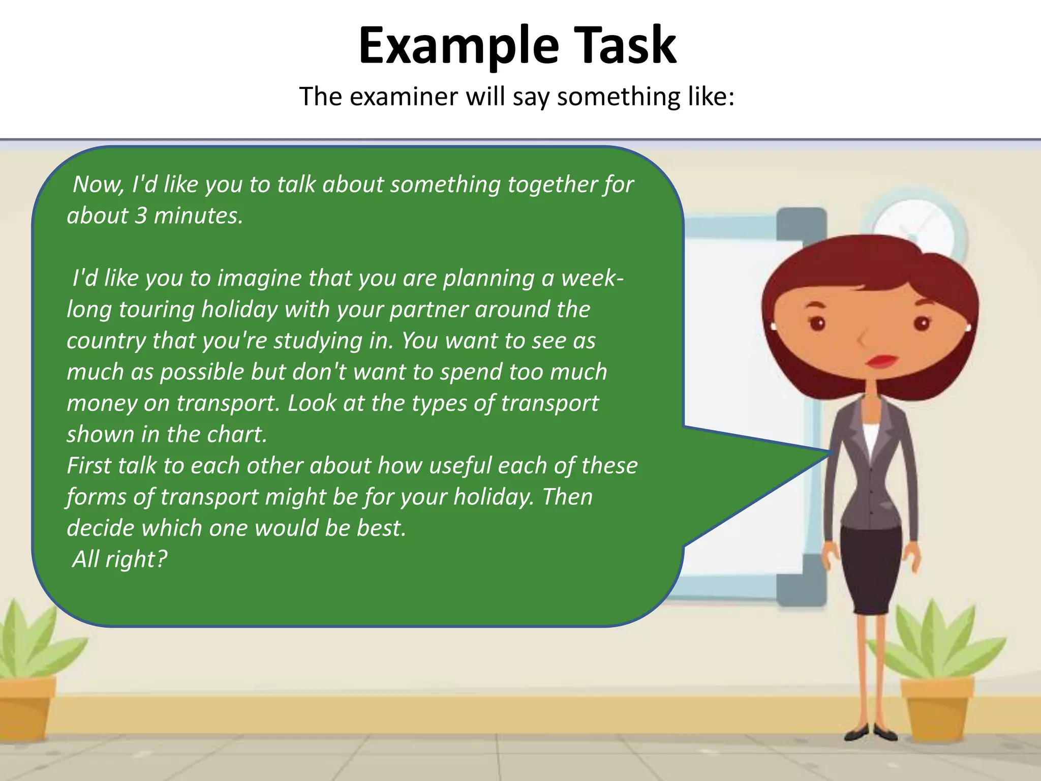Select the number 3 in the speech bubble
141,216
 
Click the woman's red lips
882,361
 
